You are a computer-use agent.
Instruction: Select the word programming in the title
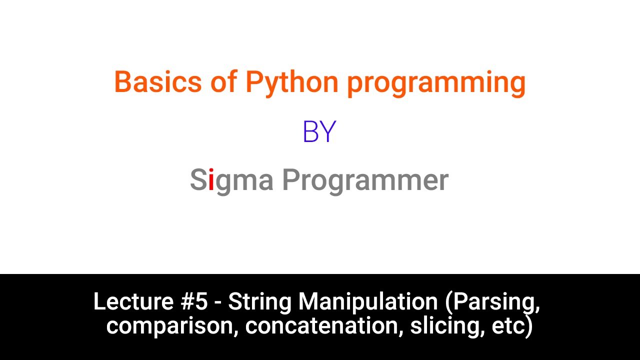coord(436,84)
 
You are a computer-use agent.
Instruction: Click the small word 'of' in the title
coord(223,82)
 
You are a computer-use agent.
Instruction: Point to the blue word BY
coord(319,132)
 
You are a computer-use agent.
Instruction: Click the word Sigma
coord(231,180)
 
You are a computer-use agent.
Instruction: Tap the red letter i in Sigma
coord(211,180)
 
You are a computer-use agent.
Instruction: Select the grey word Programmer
coord(365,180)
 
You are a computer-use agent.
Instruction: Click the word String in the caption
coord(260,302)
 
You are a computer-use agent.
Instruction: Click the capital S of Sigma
coord(198,180)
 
